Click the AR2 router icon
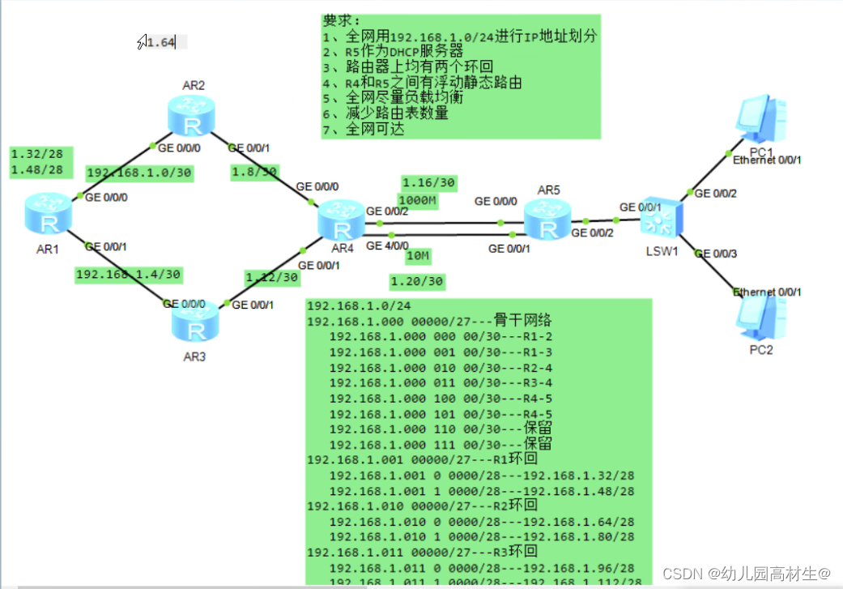191,116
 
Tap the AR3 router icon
194,320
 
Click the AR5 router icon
547,220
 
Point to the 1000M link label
417,201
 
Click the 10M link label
418,256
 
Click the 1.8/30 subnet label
254,172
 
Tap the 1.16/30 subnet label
429,183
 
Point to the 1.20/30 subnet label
416,281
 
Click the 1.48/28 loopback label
37,170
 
